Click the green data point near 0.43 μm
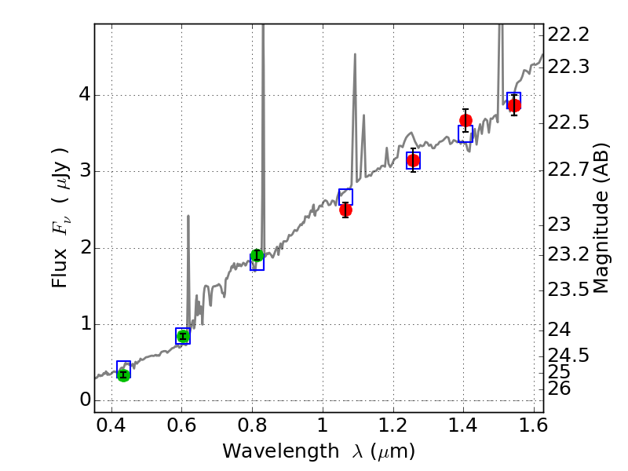point(123,374)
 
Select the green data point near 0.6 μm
point(183,336)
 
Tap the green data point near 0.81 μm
point(257,255)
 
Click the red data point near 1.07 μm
point(345,210)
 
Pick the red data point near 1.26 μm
point(413,160)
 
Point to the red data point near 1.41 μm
point(466,120)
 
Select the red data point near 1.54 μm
point(513,105)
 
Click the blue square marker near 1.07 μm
point(345,197)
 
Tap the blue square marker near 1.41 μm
point(466,134)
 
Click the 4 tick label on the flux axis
point(82,95)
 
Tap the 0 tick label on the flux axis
point(82,400)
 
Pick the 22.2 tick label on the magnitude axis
point(568,35)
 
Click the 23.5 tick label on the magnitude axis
point(568,290)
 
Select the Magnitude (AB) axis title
point(602,217)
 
